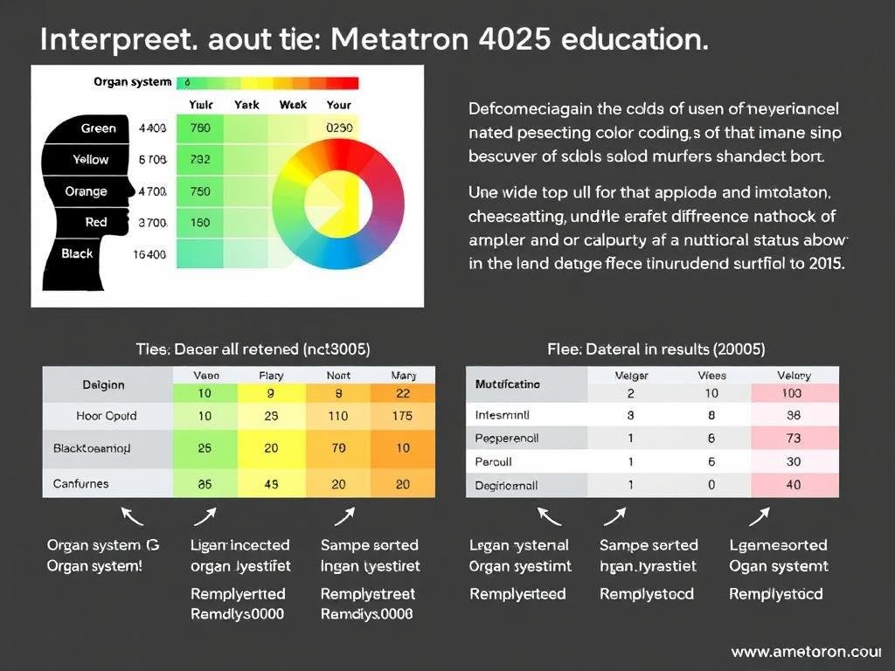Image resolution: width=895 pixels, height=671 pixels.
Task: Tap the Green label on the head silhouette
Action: click(x=98, y=128)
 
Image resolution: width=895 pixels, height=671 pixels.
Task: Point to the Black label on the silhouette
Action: click(x=77, y=253)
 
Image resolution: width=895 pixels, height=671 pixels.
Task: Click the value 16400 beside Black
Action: click(x=149, y=254)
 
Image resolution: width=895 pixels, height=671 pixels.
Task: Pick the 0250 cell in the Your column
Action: click(x=339, y=128)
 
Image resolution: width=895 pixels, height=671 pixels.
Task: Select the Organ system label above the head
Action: click(x=132, y=82)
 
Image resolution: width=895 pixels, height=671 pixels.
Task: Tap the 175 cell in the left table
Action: click(x=402, y=416)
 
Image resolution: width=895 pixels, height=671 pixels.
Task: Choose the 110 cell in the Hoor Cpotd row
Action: click(x=338, y=416)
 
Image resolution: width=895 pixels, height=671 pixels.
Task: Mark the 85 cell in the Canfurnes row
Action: click(x=205, y=483)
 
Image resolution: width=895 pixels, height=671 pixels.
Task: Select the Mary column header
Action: click(x=402, y=376)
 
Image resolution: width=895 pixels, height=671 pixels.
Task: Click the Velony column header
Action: click(x=794, y=376)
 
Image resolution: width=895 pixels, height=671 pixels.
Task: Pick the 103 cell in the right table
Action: click(x=794, y=393)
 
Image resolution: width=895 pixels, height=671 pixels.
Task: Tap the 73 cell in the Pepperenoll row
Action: click(x=794, y=438)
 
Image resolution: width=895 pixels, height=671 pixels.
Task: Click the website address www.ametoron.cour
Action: click(x=805, y=652)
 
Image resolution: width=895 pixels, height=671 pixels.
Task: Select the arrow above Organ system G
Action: click(x=132, y=516)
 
